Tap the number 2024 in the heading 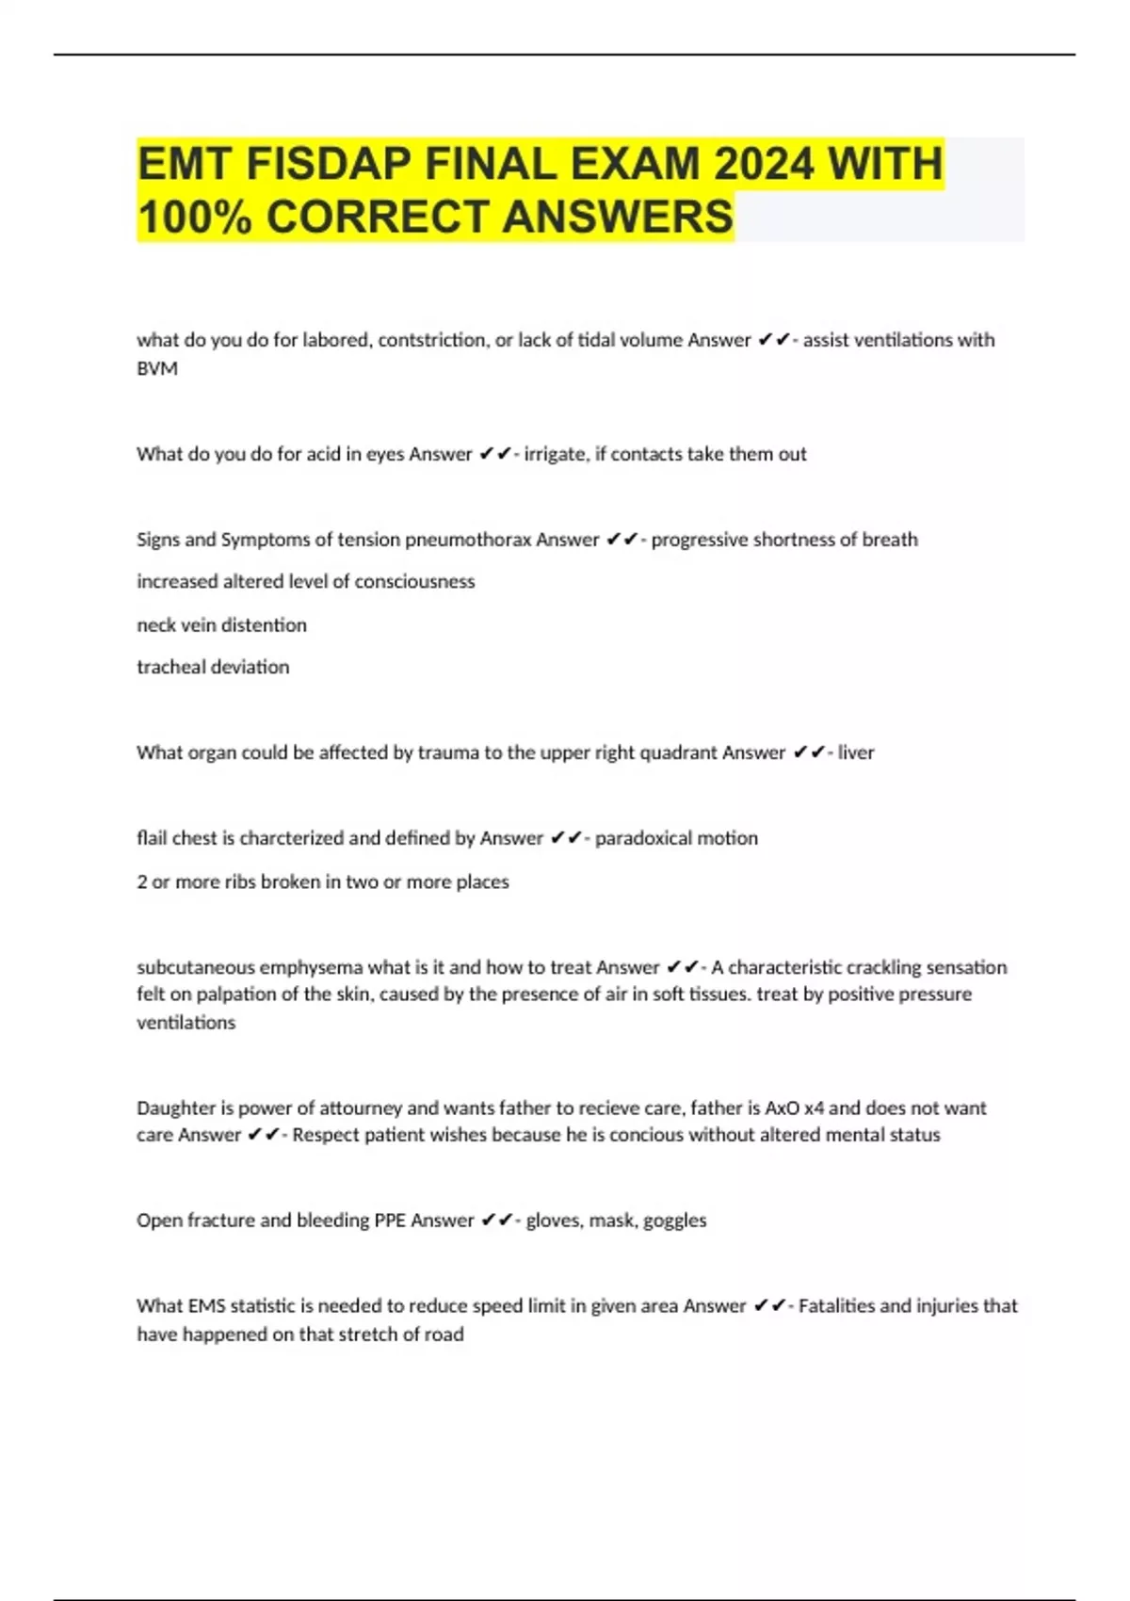(x=763, y=165)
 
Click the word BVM (x=157, y=368)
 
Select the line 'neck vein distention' (x=221, y=624)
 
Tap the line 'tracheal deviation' (x=213, y=667)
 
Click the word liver (x=856, y=752)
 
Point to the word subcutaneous (x=195, y=967)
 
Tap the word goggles (x=674, y=1221)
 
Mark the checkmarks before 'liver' (x=809, y=752)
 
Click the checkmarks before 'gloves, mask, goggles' (x=496, y=1221)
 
